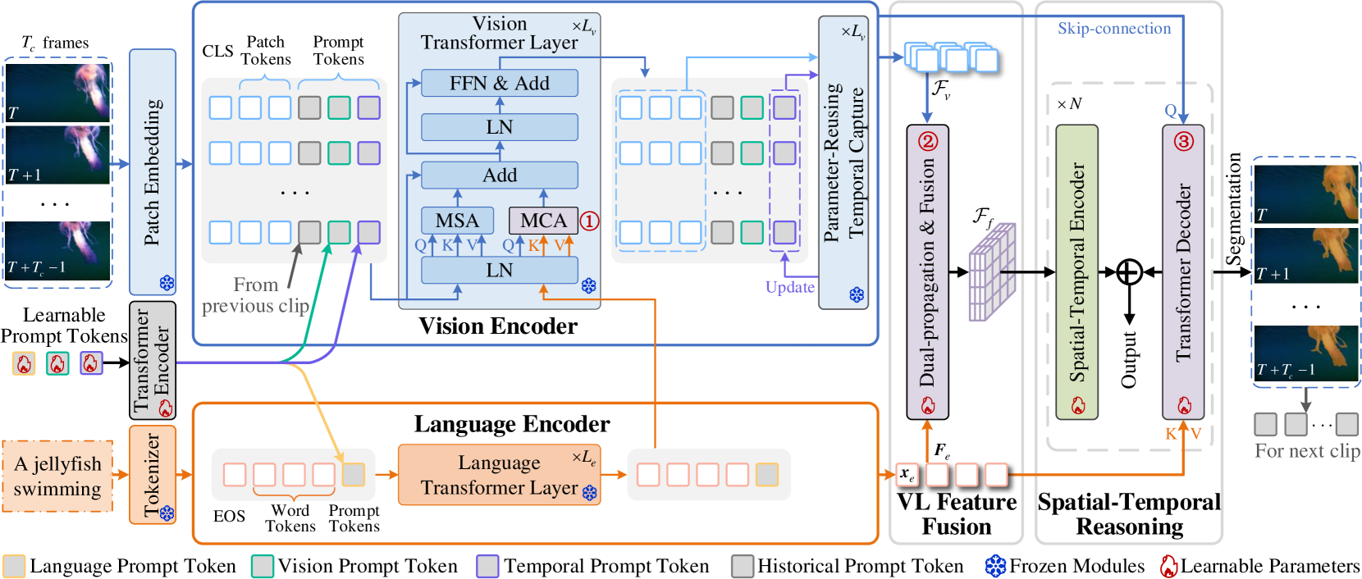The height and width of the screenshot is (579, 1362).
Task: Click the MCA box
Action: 543,221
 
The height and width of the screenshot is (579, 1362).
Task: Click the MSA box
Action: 457,221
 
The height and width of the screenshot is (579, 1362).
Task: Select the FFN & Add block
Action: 499,83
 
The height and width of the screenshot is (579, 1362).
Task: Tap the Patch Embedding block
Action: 153,172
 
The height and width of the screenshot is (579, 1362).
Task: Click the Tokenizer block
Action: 153,475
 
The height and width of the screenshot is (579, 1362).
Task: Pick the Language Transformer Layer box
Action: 499,475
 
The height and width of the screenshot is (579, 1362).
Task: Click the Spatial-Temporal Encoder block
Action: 1076,272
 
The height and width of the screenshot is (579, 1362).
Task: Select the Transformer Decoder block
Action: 1183,272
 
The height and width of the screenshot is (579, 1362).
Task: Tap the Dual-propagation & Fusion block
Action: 927,272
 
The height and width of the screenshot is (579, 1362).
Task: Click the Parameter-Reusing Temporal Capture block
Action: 843,163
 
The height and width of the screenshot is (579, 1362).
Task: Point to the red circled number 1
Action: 589,221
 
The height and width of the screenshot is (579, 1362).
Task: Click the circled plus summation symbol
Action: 1129,272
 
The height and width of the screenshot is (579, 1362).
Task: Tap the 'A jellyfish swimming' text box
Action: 57,476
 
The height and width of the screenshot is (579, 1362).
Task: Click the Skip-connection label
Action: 1114,29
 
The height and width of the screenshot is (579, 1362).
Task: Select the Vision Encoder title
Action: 498,326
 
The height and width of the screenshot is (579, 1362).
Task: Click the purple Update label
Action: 790,287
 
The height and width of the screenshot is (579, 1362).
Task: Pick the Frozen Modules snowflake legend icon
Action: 995,566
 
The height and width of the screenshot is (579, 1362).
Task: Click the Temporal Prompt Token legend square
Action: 487,566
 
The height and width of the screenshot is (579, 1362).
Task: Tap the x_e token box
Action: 907,475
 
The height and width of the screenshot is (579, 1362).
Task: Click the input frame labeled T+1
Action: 57,155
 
